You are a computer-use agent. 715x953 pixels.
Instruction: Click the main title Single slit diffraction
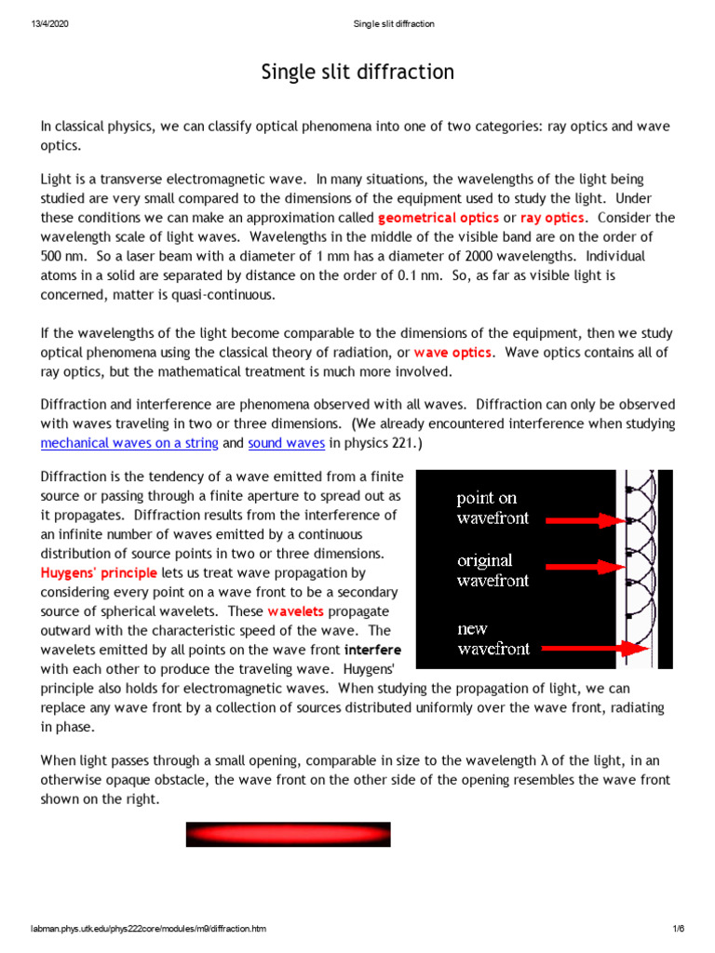[x=357, y=73]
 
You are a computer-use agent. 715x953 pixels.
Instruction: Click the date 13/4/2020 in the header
[x=47, y=23]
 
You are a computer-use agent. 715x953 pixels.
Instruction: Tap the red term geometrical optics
[x=438, y=218]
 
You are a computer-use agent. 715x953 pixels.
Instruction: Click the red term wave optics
[x=452, y=353]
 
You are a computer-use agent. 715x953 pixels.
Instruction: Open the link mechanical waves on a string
[x=129, y=444]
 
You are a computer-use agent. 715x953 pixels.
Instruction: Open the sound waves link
[x=286, y=444]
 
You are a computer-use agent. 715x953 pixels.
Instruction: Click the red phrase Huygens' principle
[x=99, y=573]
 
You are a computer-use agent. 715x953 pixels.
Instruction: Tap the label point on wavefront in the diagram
[x=492, y=508]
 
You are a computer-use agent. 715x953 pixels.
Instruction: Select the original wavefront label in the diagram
[x=492, y=570]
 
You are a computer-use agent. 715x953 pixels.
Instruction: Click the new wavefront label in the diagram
[x=492, y=638]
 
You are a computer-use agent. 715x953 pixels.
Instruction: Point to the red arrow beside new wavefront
[x=579, y=648]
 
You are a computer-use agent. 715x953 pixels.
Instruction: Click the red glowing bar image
[x=288, y=834]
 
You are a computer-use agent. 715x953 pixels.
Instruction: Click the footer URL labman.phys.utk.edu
[x=148, y=929]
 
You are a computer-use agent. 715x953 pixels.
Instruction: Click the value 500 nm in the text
[x=62, y=256]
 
